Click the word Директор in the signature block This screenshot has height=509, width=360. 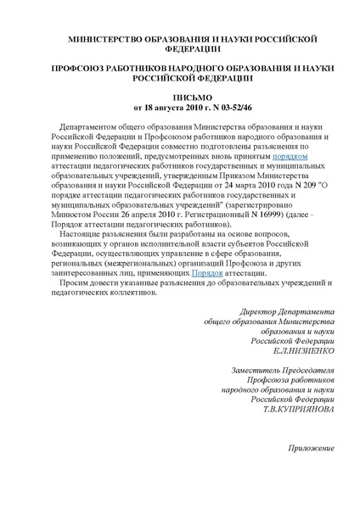(x=262, y=312)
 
